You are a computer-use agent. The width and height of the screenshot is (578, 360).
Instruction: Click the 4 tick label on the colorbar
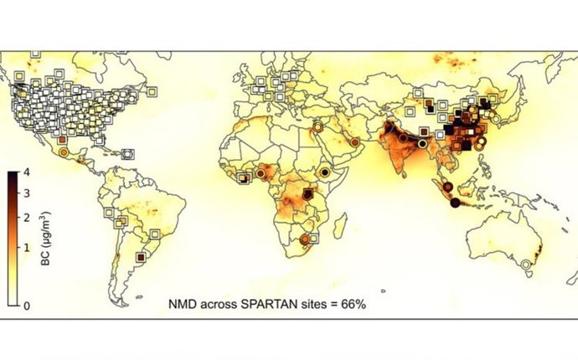(28, 173)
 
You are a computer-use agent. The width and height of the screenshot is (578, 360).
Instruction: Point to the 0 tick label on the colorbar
(28, 306)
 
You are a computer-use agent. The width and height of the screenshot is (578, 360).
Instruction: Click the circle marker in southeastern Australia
(525, 265)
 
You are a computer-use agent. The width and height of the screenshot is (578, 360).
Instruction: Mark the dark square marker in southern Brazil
(141, 257)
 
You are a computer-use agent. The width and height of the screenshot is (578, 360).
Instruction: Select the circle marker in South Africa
(304, 239)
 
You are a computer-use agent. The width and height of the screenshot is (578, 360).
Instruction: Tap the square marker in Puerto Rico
(127, 154)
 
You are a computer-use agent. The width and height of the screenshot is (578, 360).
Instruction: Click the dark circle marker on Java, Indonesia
(455, 203)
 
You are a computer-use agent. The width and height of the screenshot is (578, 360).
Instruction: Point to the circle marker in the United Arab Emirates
(354, 143)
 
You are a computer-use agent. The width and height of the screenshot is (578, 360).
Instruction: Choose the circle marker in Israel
(317, 127)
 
